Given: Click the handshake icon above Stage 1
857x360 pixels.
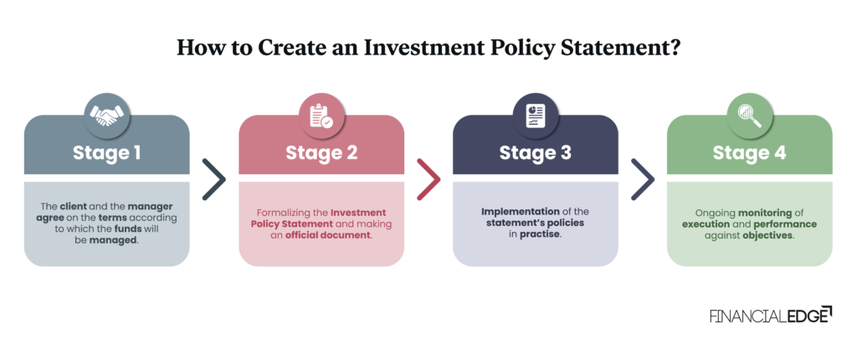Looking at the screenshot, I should (x=106, y=116).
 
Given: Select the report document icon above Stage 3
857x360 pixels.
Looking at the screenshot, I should (x=535, y=116).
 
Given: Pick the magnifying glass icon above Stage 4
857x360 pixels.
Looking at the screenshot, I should (x=749, y=116).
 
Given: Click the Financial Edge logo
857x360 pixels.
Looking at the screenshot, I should (x=770, y=316).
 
